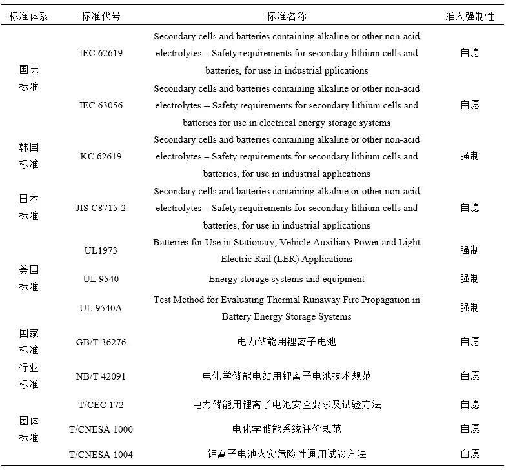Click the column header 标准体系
(x=28, y=16)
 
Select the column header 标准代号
(x=101, y=16)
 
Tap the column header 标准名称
(x=287, y=16)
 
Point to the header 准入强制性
(x=469, y=16)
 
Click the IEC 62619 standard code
(x=101, y=53)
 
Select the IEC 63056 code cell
(x=101, y=105)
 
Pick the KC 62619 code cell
(x=101, y=156)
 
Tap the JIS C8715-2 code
(x=101, y=208)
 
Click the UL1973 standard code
(x=101, y=250)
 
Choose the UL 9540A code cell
(x=101, y=308)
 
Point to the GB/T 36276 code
(x=101, y=342)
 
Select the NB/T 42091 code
(x=101, y=376)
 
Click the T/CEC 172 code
(x=101, y=405)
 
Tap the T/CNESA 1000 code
(x=101, y=429)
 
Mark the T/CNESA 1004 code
(x=101, y=455)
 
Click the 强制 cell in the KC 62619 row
(x=469, y=156)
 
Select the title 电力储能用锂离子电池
(x=287, y=342)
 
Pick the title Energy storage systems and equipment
(x=287, y=279)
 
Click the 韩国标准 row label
(x=28, y=156)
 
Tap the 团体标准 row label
(x=28, y=429)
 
